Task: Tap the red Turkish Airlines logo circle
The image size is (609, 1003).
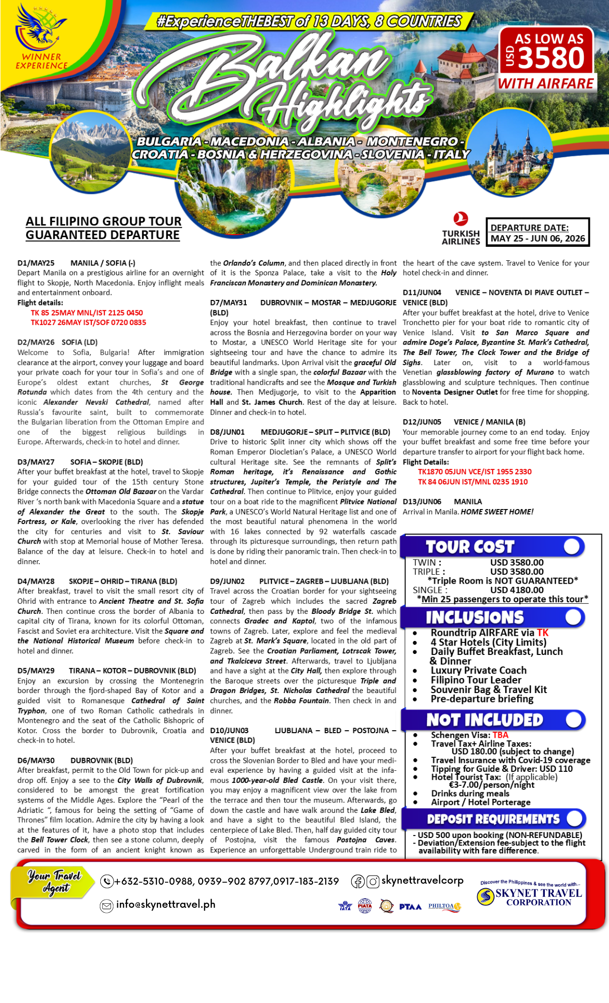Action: pyautogui.click(x=461, y=219)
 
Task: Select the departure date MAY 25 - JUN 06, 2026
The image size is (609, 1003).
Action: pyautogui.click(x=537, y=238)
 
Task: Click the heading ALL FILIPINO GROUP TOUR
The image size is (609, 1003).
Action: pyautogui.click(x=103, y=222)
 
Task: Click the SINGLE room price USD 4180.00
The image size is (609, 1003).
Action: pyautogui.click(x=517, y=590)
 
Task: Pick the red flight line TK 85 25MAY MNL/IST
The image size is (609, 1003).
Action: pyautogui.click(x=87, y=313)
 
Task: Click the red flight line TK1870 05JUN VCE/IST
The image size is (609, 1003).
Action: pyautogui.click(x=475, y=472)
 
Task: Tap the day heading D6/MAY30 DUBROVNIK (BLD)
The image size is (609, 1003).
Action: pyautogui.click(x=75, y=761)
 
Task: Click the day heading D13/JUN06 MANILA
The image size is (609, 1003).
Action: pyautogui.click(x=442, y=502)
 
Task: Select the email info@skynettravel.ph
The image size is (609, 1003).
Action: pyautogui.click(x=166, y=904)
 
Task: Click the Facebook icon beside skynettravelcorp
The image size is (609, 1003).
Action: pyautogui.click(x=358, y=881)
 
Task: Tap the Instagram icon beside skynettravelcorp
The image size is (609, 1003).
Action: pyautogui.click(x=373, y=881)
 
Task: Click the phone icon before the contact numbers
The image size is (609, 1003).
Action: pyautogui.click(x=107, y=881)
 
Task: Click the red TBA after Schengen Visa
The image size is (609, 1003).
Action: pyautogui.click(x=500, y=735)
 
